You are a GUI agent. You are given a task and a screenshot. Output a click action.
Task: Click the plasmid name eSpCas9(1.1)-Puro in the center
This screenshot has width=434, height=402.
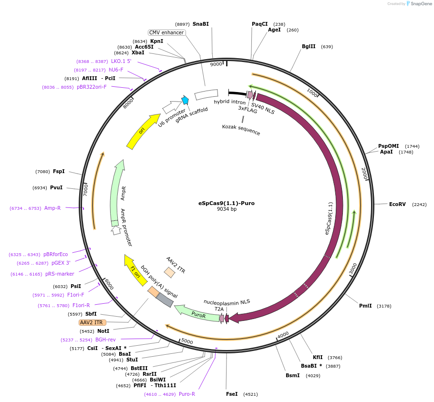(x=226, y=203)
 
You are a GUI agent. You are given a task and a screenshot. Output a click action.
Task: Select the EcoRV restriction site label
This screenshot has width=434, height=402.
(x=397, y=204)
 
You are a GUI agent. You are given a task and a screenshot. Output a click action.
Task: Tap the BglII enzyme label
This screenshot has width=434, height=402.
(x=309, y=47)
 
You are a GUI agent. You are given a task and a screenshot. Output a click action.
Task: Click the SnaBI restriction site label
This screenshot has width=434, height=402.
(x=200, y=24)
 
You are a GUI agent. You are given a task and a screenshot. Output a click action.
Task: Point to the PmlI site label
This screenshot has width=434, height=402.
(x=365, y=306)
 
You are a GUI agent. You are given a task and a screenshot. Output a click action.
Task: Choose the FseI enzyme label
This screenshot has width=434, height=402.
(x=232, y=394)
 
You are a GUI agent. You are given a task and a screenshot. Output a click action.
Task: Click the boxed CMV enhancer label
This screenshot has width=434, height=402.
(x=166, y=32)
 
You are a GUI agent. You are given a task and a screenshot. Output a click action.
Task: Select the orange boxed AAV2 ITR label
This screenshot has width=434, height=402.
(x=93, y=322)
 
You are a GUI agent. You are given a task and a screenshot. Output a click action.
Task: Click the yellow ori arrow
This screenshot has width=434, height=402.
(x=143, y=131)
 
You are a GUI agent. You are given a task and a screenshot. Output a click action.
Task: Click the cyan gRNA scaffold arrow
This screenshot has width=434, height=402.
(x=185, y=100)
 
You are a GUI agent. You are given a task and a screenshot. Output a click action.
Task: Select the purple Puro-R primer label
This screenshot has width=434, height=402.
(x=186, y=394)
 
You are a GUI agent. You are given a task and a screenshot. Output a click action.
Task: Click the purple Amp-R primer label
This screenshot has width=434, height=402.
(x=52, y=208)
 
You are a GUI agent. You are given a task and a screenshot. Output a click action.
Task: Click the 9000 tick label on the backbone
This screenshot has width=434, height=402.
(x=216, y=64)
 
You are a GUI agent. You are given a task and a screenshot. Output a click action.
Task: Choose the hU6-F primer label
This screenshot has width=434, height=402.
(x=116, y=70)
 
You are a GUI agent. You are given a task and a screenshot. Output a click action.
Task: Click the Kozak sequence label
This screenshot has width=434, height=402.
(x=241, y=129)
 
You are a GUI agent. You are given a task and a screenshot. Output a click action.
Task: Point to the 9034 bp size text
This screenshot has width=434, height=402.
(x=227, y=209)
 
